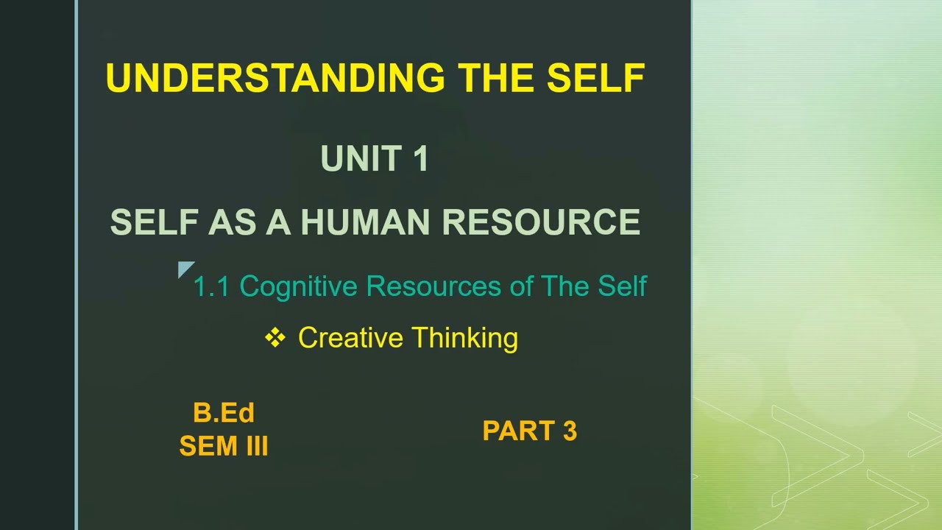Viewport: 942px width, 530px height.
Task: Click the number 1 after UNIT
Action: (421, 158)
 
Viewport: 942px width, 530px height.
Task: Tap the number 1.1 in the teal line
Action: (211, 286)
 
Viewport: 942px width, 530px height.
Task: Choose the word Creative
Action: (350, 338)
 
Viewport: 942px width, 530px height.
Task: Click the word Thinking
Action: (464, 339)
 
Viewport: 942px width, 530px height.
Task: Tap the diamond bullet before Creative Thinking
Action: (275, 338)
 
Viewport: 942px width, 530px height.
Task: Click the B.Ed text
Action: (224, 413)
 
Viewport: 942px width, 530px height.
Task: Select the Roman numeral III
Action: (254, 446)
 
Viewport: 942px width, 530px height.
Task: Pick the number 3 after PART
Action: (569, 431)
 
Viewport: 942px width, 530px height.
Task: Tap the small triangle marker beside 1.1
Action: (185, 269)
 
